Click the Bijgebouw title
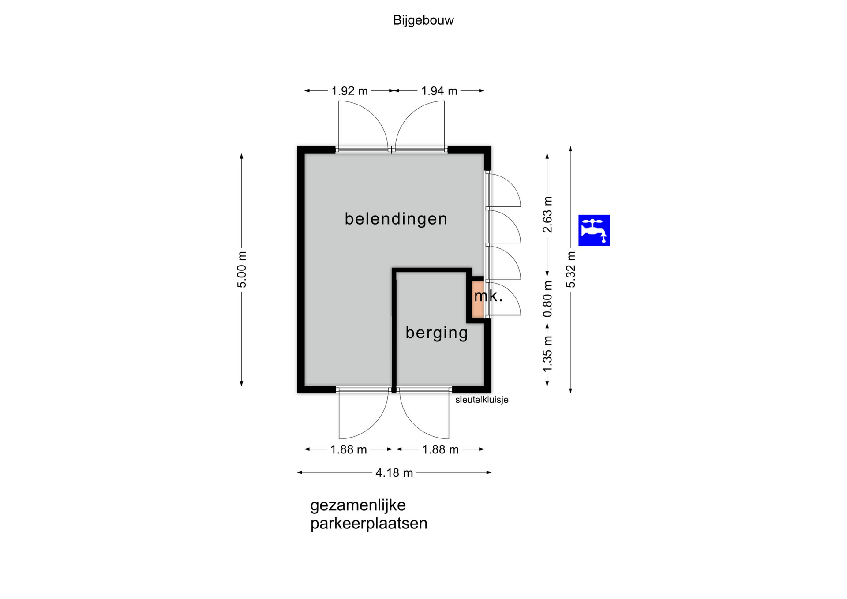[x=423, y=20]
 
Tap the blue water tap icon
[x=594, y=230]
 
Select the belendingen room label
[x=396, y=219]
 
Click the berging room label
[x=437, y=333]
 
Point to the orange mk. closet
[x=478, y=299]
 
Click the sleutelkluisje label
[x=482, y=400]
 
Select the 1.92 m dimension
[x=349, y=91]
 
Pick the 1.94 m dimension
[x=439, y=91]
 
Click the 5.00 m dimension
[x=242, y=270]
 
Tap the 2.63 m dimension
[x=547, y=215]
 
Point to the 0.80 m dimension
[x=547, y=299]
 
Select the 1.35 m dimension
[x=547, y=354]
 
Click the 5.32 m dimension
[x=571, y=270]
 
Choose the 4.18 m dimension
[x=394, y=473]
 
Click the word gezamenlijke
[x=358, y=505]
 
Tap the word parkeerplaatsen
[x=369, y=524]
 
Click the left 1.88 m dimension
[x=349, y=449]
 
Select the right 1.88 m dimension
[x=440, y=449]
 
